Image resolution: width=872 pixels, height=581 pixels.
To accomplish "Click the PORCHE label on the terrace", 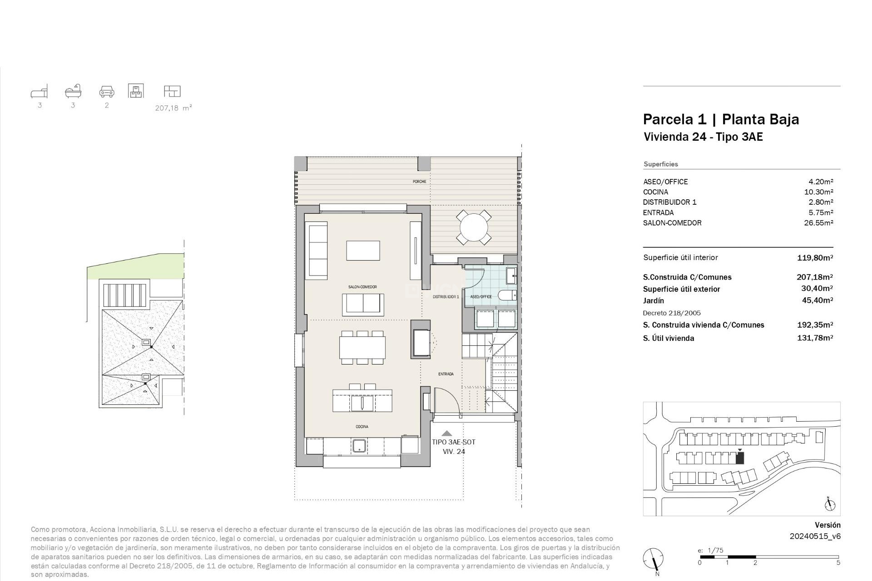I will click(419, 182).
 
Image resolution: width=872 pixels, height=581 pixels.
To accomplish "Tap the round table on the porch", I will click(473, 227).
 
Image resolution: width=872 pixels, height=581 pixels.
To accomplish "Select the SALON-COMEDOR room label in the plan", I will click(362, 287).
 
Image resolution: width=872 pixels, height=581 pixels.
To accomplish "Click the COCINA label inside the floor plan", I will click(362, 427).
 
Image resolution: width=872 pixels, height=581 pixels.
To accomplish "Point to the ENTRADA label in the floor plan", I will click(446, 374).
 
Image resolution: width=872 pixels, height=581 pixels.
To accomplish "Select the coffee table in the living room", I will click(363, 251).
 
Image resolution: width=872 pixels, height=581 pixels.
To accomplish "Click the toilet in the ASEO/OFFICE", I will click(507, 296).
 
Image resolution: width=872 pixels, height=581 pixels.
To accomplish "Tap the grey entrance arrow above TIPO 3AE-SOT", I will click(447, 433).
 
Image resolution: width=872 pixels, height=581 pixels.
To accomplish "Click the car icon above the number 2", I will click(107, 91).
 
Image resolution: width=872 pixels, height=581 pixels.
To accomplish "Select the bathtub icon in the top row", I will click(73, 91).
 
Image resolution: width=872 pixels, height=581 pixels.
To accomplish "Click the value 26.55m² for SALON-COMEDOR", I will click(818, 223).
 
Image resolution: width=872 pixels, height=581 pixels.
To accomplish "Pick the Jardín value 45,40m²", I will click(817, 300).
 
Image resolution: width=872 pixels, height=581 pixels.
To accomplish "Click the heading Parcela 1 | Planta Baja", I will click(721, 119).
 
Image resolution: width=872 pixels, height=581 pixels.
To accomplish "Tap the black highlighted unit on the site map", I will click(740, 458).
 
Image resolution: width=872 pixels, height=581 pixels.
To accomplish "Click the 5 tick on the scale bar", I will click(838, 563).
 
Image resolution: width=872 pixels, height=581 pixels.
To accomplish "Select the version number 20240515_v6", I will click(815, 536).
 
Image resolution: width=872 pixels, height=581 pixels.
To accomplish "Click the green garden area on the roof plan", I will click(132, 268).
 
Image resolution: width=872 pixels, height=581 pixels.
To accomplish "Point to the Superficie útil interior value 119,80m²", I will click(815, 258).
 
